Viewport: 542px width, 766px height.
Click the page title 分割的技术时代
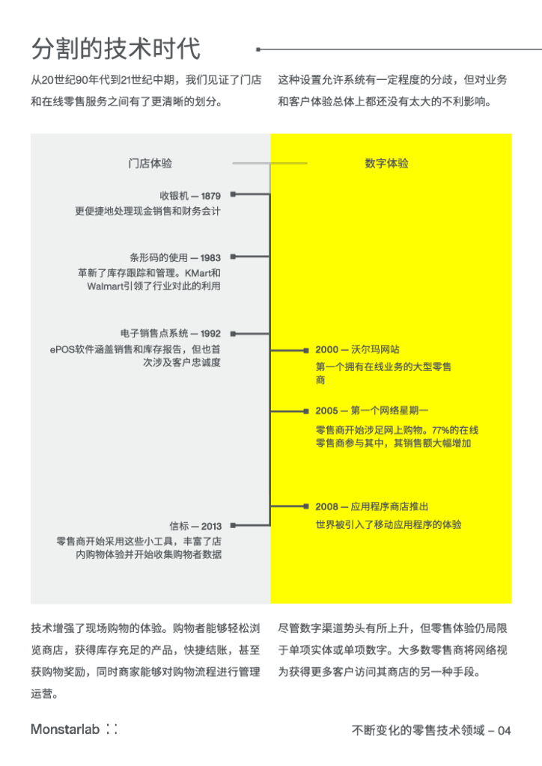pyautogui.click(x=116, y=49)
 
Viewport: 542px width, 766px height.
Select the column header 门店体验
pyautogui.click(x=150, y=163)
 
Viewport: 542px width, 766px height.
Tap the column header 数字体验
pyautogui.click(x=386, y=163)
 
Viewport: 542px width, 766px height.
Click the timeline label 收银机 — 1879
pyautogui.click(x=190, y=196)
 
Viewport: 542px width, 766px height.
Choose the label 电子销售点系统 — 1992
pyautogui.click(x=170, y=334)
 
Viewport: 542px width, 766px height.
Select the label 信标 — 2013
pyautogui.click(x=195, y=526)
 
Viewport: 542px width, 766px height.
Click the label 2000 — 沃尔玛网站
pyautogui.click(x=357, y=349)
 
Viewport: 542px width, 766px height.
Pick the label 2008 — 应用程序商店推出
pyautogui.click(x=371, y=506)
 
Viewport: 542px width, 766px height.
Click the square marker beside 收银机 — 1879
pyautogui.click(x=233, y=194)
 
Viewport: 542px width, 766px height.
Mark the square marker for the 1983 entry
pyautogui.click(x=233, y=257)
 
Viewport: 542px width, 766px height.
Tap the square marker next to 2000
pyautogui.click(x=306, y=350)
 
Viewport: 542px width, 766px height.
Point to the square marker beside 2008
pyautogui.click(x=306, y=507)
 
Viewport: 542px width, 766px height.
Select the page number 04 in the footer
pyautogui.click(x=504, y=731)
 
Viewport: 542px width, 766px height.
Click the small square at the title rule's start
pyautogui.click(x=258, y=50)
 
